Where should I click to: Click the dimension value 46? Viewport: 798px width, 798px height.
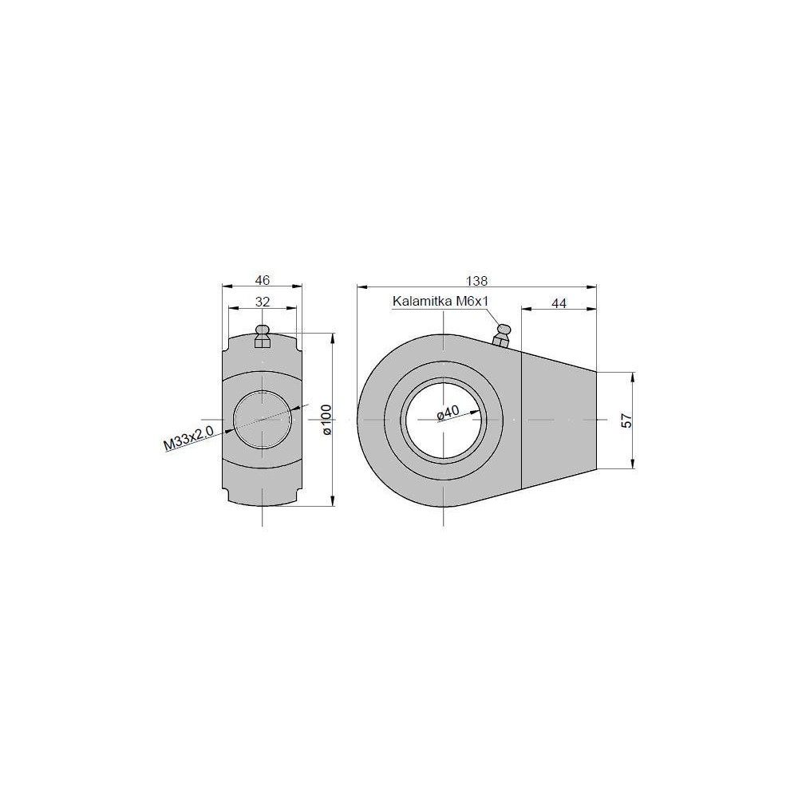[262, 280]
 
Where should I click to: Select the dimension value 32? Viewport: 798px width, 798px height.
[262, 302]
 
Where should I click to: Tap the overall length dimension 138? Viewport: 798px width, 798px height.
[476, 280]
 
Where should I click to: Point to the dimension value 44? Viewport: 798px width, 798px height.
[559, 303]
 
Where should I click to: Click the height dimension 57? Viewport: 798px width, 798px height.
[627, 421]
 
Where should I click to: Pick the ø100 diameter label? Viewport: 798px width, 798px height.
[326, 420]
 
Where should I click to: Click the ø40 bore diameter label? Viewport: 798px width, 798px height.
[448, 413]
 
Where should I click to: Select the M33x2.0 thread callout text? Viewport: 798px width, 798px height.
[188, 437]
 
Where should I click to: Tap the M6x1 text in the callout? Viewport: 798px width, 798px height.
[472, 302]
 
